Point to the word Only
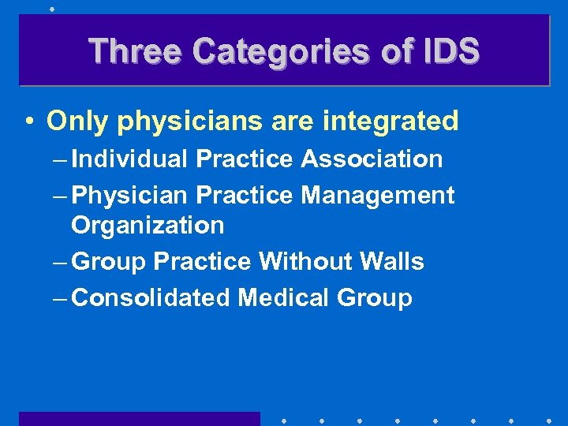pos(77,121)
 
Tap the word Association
pos(372,159)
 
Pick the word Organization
pos(148,226)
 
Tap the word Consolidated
pos(151,298)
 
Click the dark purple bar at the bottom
pos(140,418)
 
